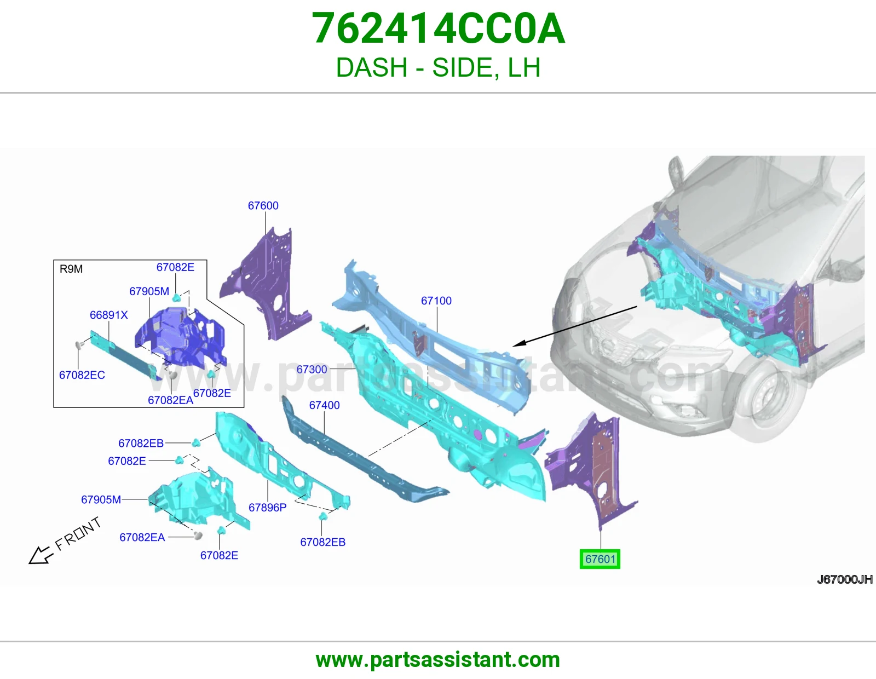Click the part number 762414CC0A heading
(x=438, y=28)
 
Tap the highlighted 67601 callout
(x=600, y=559)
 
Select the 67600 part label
(x=263, y=206)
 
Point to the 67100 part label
(x=436, y=301)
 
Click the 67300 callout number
(x=312, y=369)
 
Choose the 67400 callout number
(x=324, y=405)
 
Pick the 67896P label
(x=267, y=507)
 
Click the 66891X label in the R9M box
(x=108, y=315)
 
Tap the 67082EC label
(x=82, y=375)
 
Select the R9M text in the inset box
(x=71, y=269)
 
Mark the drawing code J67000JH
(x=845, y=579)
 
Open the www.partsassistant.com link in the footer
(x=438, y=660)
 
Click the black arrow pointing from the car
(x=575, y=326)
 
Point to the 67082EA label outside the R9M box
(x=142, y=537)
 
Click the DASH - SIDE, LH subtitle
(x=438, y=67)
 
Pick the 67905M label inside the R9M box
(x=149, y=291)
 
